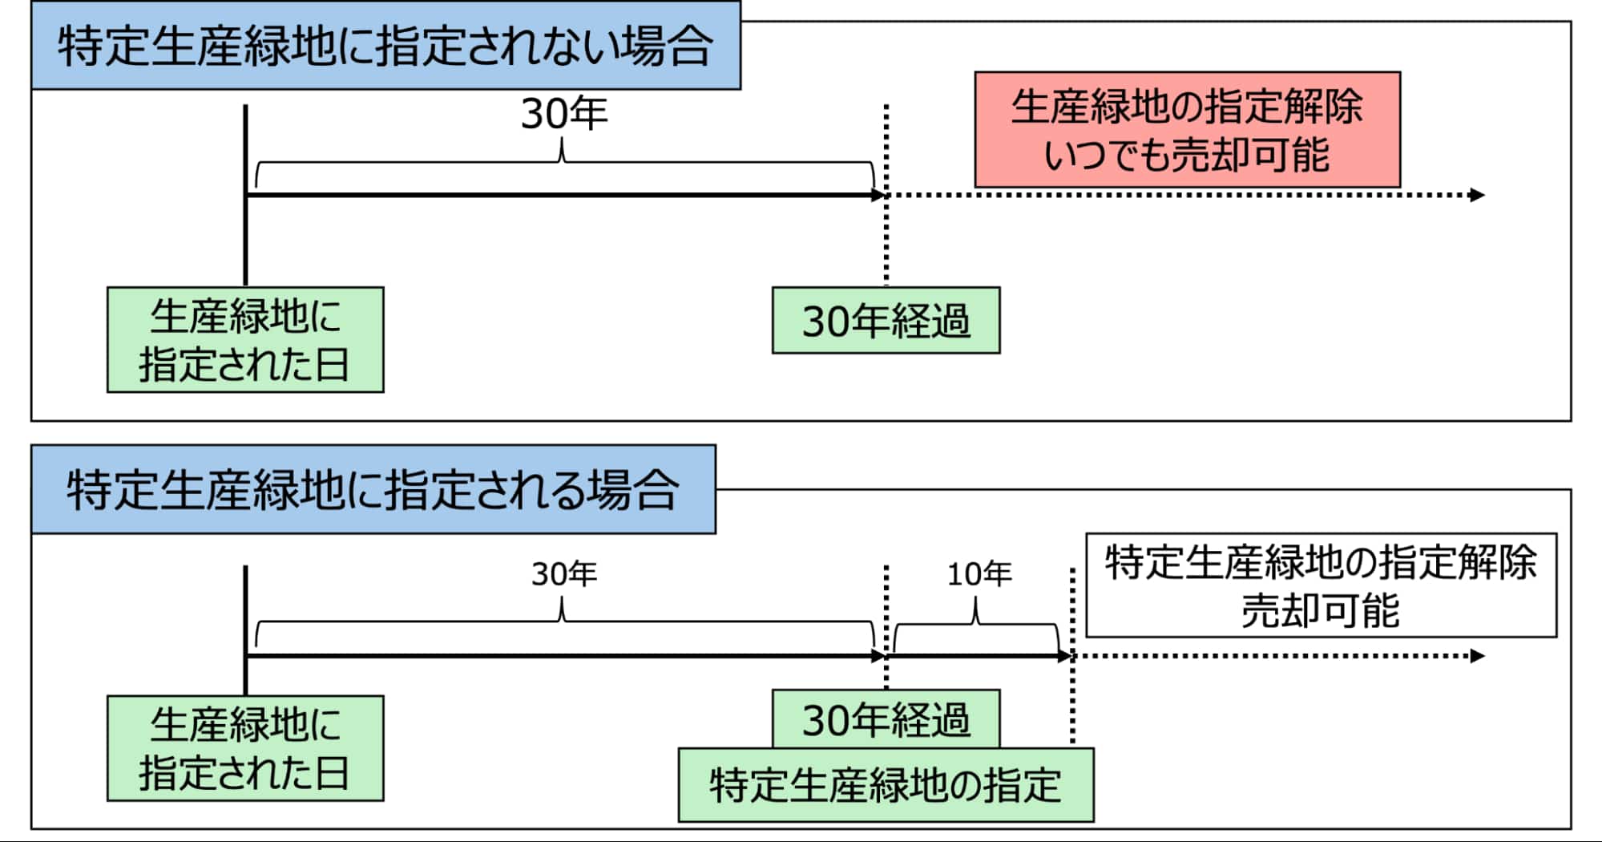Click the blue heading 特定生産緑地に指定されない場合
pos(385,46)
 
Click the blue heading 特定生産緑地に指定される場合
pos(373,489)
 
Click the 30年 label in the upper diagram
pos(564,114)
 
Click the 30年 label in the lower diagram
pos(564,574)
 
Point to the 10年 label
pos(979,574)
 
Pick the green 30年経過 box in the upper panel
pos(886,321)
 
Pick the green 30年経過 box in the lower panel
pos(886,719)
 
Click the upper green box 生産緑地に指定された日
pos(245,340)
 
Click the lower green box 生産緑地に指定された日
pos(245,748)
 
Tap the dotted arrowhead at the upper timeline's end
pos(1477,195)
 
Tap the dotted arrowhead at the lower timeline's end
pos(1477,656)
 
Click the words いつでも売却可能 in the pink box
pos(1187,155)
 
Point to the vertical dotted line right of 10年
pos(1072,698)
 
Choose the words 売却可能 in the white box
pos(1321,611)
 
